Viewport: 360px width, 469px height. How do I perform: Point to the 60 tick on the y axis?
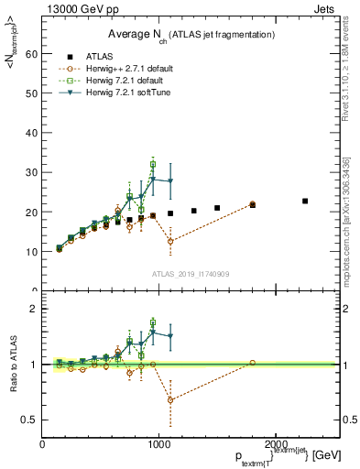33,54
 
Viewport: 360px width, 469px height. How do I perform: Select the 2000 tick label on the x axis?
274,444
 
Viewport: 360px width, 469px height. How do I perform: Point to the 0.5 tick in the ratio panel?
30,420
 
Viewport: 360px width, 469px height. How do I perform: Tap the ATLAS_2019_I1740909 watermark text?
191,273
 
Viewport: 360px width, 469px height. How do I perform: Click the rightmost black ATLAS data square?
305,201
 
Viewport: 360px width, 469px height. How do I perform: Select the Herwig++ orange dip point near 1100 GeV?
170,241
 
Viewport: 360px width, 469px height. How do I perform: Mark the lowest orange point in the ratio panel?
170,399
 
